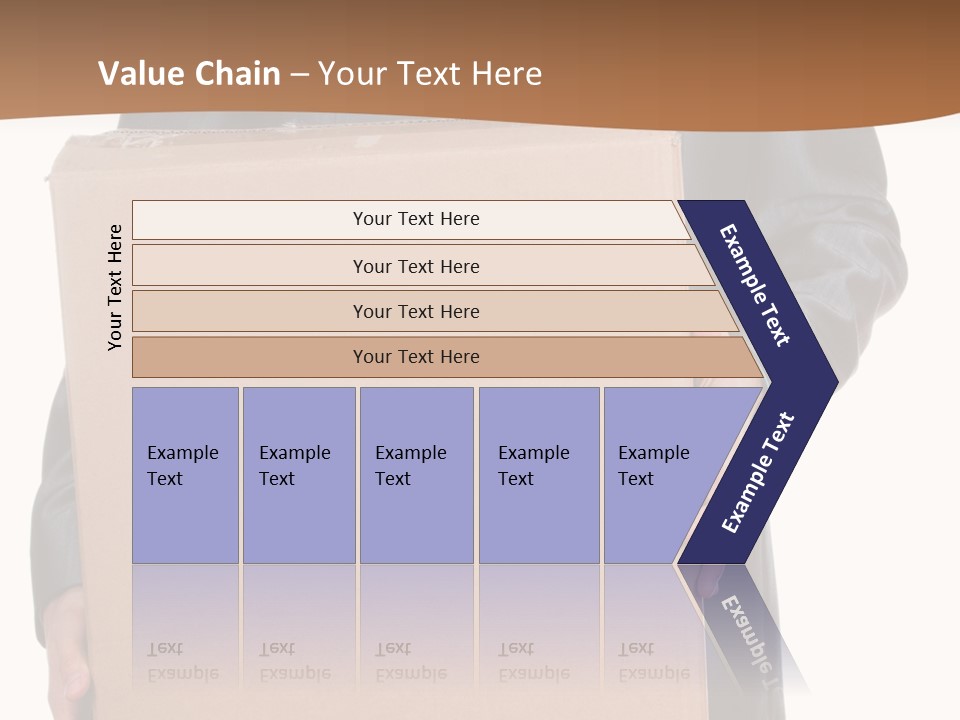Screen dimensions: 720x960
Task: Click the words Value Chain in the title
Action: point(189,74)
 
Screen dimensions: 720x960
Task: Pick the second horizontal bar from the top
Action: point(415,266)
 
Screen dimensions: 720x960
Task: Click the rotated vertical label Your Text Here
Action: point(115,287)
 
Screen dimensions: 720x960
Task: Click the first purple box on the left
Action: point(185,474)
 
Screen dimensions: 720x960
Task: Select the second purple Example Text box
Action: point(298,474)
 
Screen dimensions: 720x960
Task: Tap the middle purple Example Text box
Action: point(416,474)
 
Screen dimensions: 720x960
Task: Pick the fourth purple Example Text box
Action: point(538,474)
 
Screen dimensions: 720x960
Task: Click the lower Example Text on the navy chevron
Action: point(758,472)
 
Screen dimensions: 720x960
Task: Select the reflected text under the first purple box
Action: point(182,661)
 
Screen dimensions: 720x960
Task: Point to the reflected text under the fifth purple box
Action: point(653,661)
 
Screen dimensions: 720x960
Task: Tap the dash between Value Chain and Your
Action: point(299,75)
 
